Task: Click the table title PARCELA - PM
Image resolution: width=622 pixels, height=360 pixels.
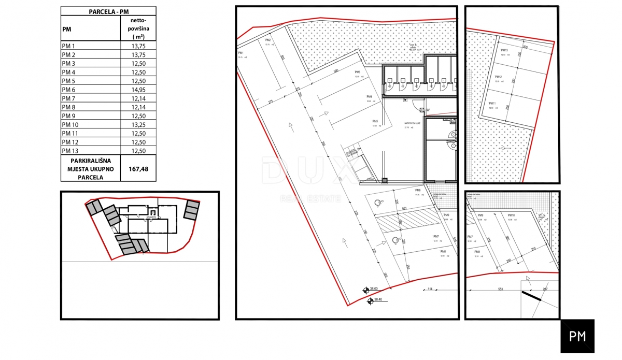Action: tap(108, 11)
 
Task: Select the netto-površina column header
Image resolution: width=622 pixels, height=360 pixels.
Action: tap(138, 28)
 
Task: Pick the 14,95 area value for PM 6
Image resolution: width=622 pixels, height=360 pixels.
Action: tap(138, 90)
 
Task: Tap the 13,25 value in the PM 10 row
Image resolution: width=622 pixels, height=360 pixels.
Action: tap(138, 125)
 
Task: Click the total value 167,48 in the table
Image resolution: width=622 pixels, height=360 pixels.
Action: tap(138, 169)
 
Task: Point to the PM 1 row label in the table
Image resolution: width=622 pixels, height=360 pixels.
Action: tap(68, 46)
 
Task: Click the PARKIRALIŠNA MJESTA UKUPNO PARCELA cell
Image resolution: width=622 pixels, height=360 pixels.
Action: tap(91, 169)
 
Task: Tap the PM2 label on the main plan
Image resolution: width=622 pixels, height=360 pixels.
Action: tap(268, 40)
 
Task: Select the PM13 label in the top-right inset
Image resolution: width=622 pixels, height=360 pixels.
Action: tap(504, 50)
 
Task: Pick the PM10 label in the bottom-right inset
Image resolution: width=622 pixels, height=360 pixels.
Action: tap(511, 215)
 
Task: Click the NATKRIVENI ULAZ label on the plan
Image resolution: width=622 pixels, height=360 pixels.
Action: tap(415, 124)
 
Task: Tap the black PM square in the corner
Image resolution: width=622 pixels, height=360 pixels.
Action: tap(577, 336)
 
